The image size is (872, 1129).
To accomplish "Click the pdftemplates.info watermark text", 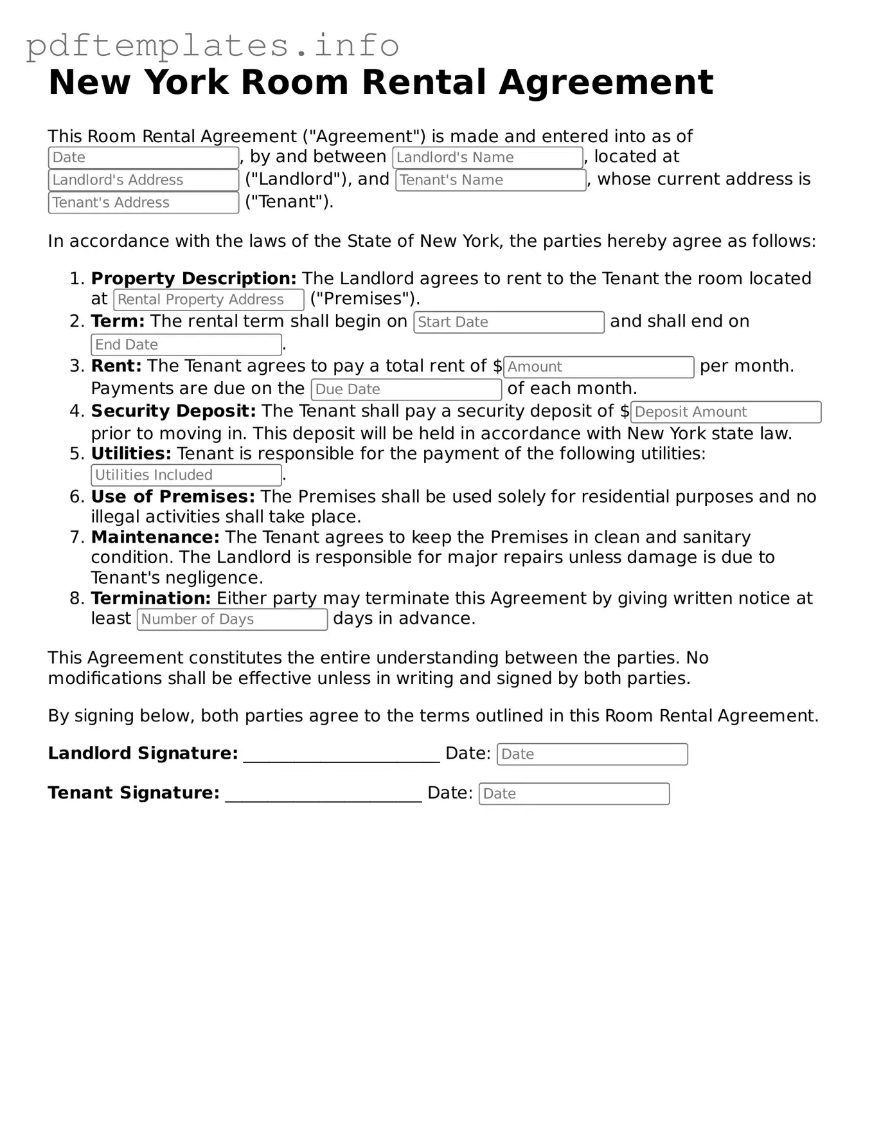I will [x=212, y=45].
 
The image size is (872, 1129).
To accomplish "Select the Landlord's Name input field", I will [x=487, y=158].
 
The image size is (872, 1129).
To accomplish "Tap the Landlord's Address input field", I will [x=143, y=180].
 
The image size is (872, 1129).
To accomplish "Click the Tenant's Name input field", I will [x=490, y=180].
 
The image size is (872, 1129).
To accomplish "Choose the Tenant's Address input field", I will [x=143, y=203].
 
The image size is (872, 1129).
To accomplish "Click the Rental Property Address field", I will [x=208, y=300].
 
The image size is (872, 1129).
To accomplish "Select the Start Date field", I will [x=509, y=322].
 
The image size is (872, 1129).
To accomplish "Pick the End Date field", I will [x=186, y=345].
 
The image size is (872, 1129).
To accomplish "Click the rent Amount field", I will [x=598, y=367].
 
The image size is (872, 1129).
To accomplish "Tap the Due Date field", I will [x=406, y=390].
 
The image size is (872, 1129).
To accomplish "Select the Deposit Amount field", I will [x=725, y=412].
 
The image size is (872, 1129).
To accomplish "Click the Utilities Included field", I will [x=186, y=475].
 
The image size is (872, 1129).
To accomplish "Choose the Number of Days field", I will [x=232, y=619].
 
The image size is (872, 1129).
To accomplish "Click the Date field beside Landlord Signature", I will [x=592, y=754].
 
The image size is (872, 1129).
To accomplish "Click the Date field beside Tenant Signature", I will [x=574, y=794].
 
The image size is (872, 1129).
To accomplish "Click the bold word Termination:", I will [x=150, y=598].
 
